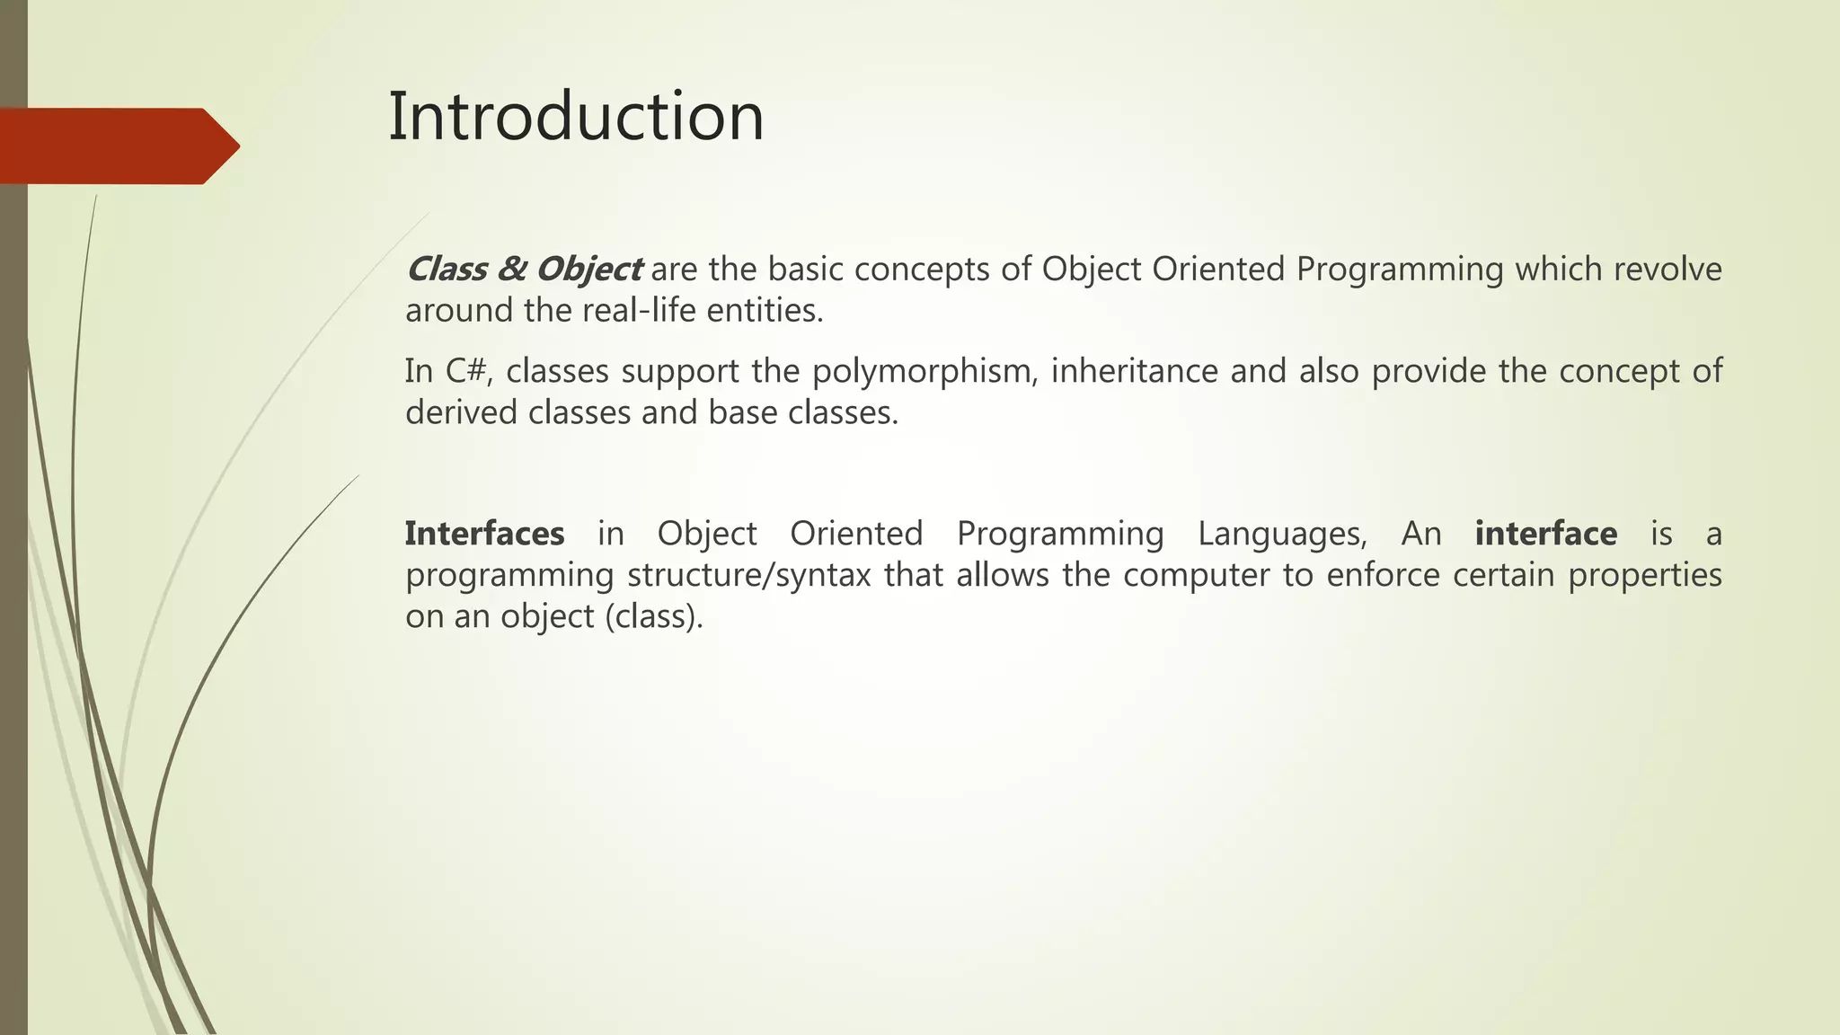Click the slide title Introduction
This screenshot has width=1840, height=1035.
[575, 117]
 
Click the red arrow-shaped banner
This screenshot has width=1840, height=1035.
[117, 146]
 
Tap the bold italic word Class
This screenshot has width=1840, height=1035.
[447, 270]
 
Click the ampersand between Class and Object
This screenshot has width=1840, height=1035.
[511, 270]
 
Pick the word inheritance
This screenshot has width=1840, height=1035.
[1134, 371]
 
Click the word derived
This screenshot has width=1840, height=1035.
[461, 412]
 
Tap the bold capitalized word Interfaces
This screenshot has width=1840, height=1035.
[484, 534]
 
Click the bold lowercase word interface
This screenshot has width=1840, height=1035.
[1545, 534]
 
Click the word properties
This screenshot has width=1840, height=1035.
[1644, 575]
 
